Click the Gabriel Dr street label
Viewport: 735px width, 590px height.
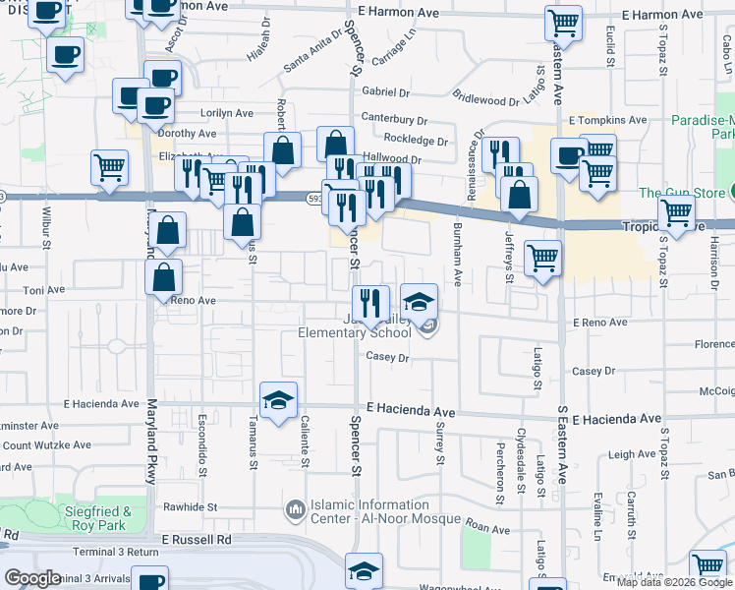point(384,91)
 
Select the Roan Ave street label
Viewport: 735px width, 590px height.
point(488,528)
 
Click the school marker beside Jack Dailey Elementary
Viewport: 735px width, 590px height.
point(419,301)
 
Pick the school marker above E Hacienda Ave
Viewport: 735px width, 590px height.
point(278,400)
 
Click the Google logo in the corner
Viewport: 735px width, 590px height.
point(32,578)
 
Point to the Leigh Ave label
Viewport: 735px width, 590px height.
point(631,454)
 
